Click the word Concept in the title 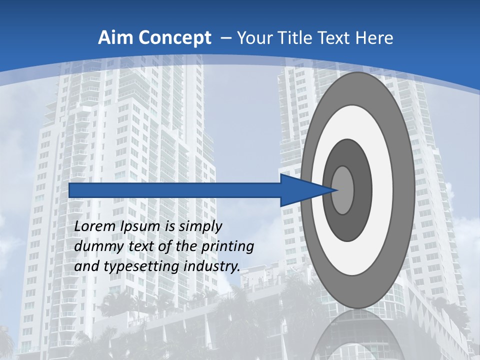(x=174, y=38)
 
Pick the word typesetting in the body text (x=142, y=267)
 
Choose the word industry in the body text (x=212, y=266)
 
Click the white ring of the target (x=382, y=190)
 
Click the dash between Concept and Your (x=225, y=38)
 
